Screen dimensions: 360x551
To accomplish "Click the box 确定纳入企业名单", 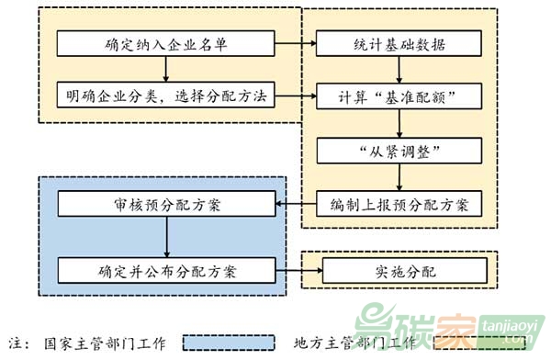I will click(166, 43).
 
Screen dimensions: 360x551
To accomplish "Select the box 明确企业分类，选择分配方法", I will click(166, 95).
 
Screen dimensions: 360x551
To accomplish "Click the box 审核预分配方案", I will click(166, 202).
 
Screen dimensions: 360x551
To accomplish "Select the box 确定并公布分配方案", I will click(166, 270).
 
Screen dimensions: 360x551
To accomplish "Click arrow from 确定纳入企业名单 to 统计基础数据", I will click(295, 43).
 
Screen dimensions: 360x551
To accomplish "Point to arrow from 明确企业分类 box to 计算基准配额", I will click(295, 96).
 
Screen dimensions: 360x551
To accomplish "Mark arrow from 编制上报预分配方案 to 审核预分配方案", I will click(296, 202).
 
